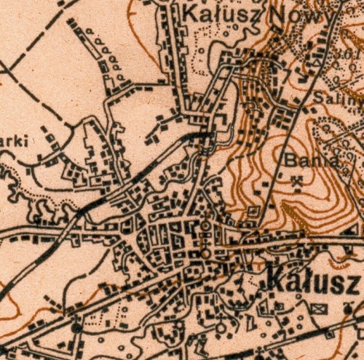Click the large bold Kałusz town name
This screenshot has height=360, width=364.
point(312,279)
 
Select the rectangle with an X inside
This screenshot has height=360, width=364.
point(318,308)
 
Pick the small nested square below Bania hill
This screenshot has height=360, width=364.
point(253,212)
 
